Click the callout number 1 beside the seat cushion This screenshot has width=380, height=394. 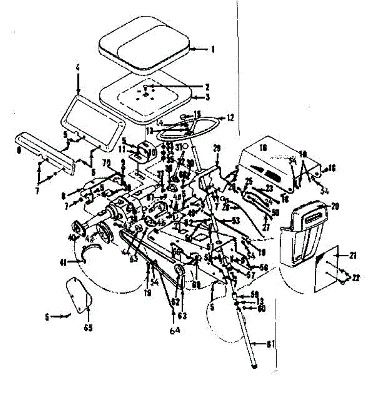coord(213,50)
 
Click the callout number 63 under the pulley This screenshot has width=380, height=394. coord(182,316)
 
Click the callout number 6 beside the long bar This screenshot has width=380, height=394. coord(18,150)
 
